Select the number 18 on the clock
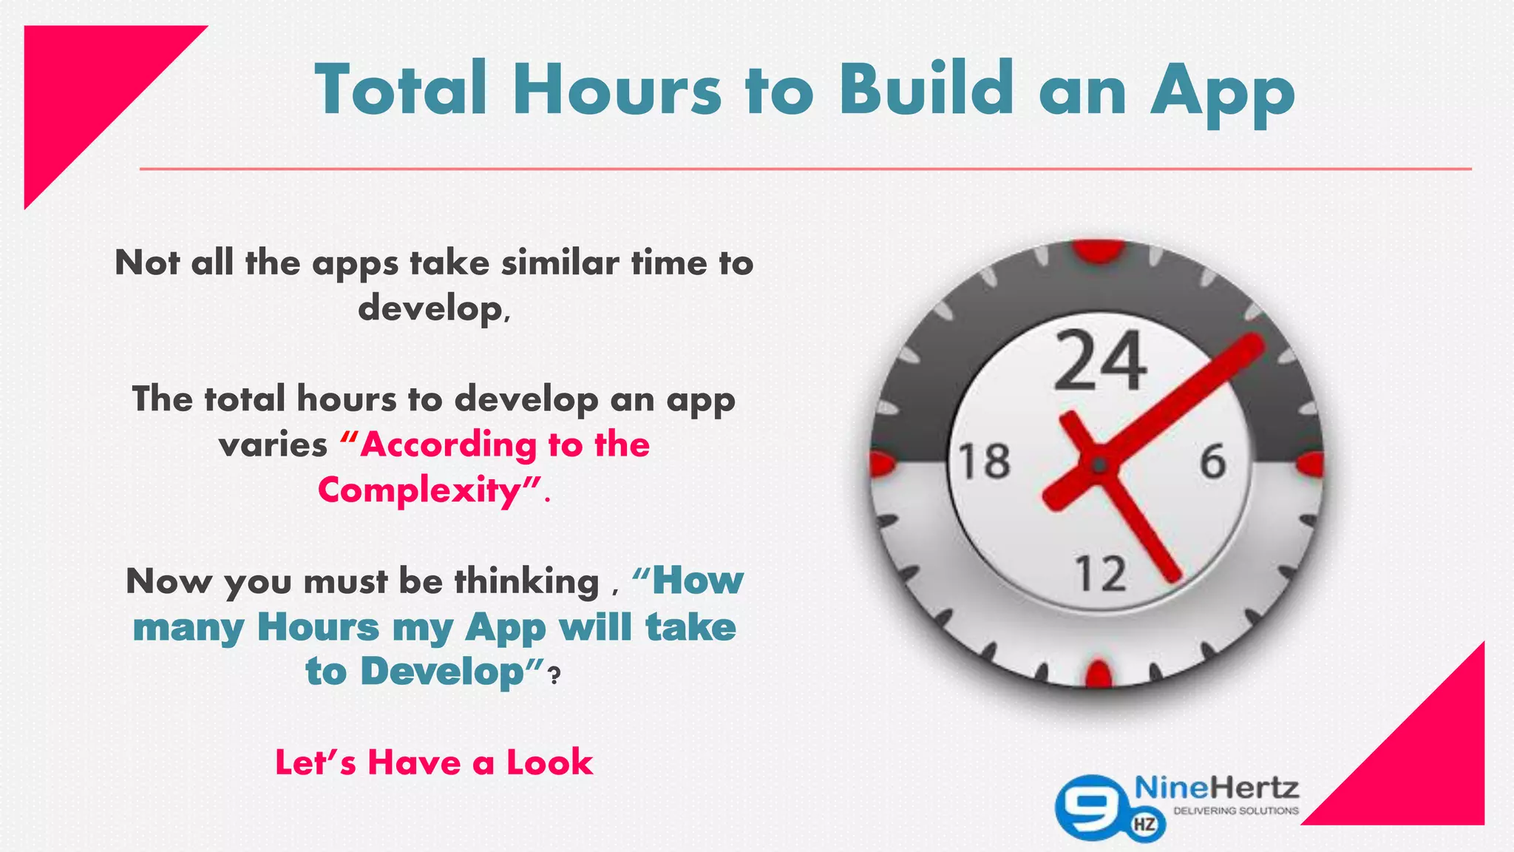point(984,461)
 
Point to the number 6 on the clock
point(1212,461)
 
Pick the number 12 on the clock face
point(1100,574)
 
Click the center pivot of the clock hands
point(1099,465)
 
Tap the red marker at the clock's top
point(1099,250)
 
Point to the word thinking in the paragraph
point(526,581)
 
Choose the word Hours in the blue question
point(318,627)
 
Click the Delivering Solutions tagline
point(1236,811)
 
